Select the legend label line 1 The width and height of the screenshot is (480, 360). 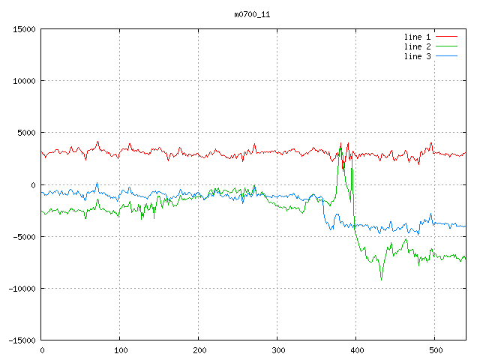point(417,37)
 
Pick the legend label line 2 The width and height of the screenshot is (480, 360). point(417,46)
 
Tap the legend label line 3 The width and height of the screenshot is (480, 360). point(417,56)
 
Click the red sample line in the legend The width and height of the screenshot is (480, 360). point(447,37)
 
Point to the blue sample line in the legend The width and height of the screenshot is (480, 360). point(447,56)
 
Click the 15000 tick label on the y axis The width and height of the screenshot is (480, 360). point(23,29)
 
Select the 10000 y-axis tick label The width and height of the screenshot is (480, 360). point(23,81)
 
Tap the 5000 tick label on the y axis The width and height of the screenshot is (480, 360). point(25,133)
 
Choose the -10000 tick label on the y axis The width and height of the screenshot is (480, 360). point(21,288)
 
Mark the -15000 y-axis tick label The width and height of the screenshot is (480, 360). point(21,340)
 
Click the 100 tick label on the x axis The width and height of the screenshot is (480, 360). point(120,349)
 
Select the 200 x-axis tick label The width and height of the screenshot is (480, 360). point(199,349)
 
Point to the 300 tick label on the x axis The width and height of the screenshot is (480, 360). point(277,349)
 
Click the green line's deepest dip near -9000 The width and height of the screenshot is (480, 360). point(381,279)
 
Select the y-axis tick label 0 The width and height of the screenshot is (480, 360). point(33,184)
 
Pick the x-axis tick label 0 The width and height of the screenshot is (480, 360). point(41,349)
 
